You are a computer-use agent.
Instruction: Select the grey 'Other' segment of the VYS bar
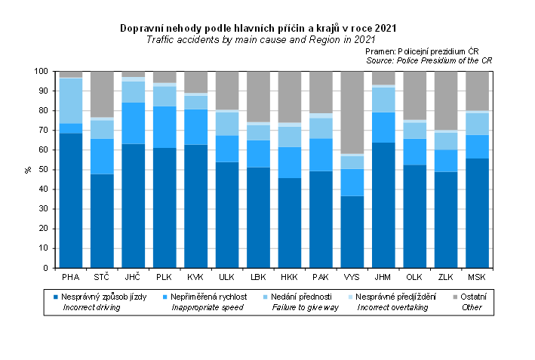point(352,112)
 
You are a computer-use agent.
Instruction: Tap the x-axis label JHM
point(383,277)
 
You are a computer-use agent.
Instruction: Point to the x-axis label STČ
point(102,277)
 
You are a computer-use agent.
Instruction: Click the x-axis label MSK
point(476,277)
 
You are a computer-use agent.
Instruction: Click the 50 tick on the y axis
point(45,170)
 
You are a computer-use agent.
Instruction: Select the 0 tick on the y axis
point(47,268)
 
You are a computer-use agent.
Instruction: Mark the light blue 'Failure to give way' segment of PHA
point(71,101)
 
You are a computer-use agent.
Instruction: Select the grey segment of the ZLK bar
point(445,101)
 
